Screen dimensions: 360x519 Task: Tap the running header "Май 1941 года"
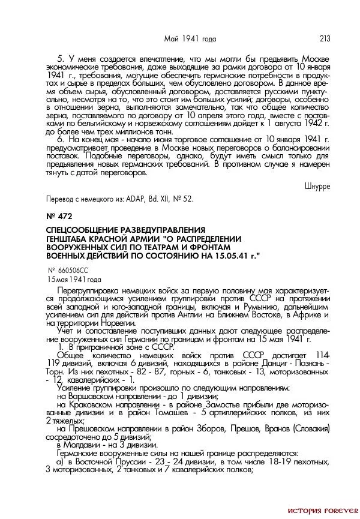click(190, 39)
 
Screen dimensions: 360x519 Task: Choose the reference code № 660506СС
click(71, 271)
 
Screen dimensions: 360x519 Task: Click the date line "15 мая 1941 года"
click(74, 280)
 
